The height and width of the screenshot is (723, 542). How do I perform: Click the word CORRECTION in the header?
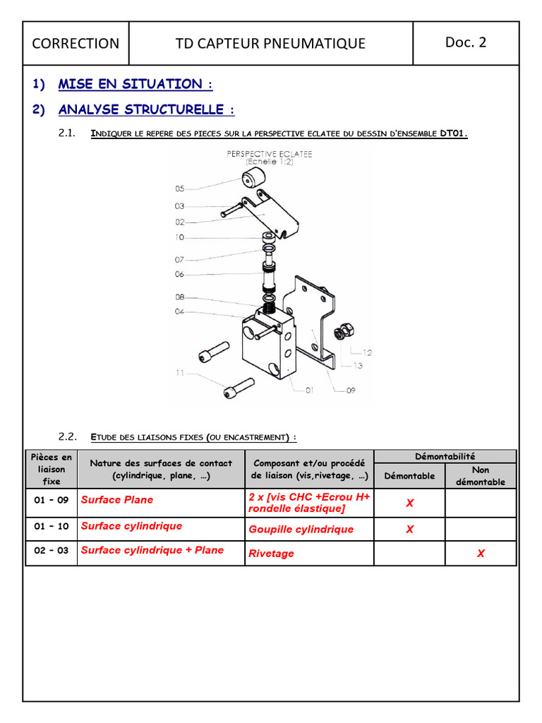pyautogui.click(x=76, y=43)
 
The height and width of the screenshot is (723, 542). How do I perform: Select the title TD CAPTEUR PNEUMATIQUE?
pyautogui.click(x=270, y=43)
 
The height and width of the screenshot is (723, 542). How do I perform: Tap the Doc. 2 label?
pyautogui.click(x=465, y=42)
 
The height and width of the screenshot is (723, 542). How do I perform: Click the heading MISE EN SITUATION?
pyautogui.click(x=135, y=84)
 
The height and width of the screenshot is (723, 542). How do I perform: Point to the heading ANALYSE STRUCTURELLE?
pyautogui.click(x=146, y=109)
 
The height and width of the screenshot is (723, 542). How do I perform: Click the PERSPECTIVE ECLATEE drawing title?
pyautogui.click(x=270, y=153)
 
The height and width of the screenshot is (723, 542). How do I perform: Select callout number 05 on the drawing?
pyautogui.click(x=179, y=189)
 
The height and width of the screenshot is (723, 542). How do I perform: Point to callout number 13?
pyautogui.click(x=358, y=365)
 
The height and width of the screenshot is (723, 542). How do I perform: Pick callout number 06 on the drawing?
pyautogui.click(x=179, y=274)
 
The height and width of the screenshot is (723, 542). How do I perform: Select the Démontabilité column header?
pyautogui.click(x=445, y=457)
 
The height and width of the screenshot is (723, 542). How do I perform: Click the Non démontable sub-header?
pyautogui.click(x=480, y=476)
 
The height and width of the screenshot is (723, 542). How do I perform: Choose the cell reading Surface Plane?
pyautogui.click(x=117, y=500)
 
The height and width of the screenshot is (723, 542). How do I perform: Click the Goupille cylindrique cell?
pyautogui.click(x=301, y=530)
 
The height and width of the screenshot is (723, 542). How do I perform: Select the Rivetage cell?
pyautogui.click(x=272, y=554)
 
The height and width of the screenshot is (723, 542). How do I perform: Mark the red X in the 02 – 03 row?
pyautogui.click(x=481, y=554)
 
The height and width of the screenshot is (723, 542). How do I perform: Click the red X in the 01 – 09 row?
pyautogui.click(x=409, y=503)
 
